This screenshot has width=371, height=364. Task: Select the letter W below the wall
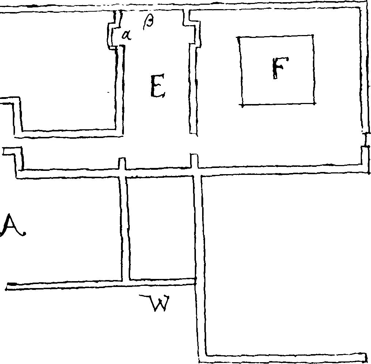pyautogui.click(x=155, y=303)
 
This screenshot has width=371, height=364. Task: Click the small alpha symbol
pyautogui.click(x=126, y=35)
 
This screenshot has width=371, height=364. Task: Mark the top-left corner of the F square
pyautogui.click(x=238, y=38)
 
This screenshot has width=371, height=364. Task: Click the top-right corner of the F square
pyautogui.click(x=313, y=36)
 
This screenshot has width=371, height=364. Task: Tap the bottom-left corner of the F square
pyautogui.click(x=243, y=105)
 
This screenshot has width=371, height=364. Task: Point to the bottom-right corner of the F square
pyautogui.click(x=314, y=103)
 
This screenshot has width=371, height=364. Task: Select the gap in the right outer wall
pyautogui.click(x=366, y=140)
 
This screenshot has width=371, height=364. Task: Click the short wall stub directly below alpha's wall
pyautogui.click(x=122, y=164)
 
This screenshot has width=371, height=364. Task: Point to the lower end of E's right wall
pyautogui.click(x=194, y=134)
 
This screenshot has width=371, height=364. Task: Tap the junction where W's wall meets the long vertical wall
pyautogui.click(x=196, y=281)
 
